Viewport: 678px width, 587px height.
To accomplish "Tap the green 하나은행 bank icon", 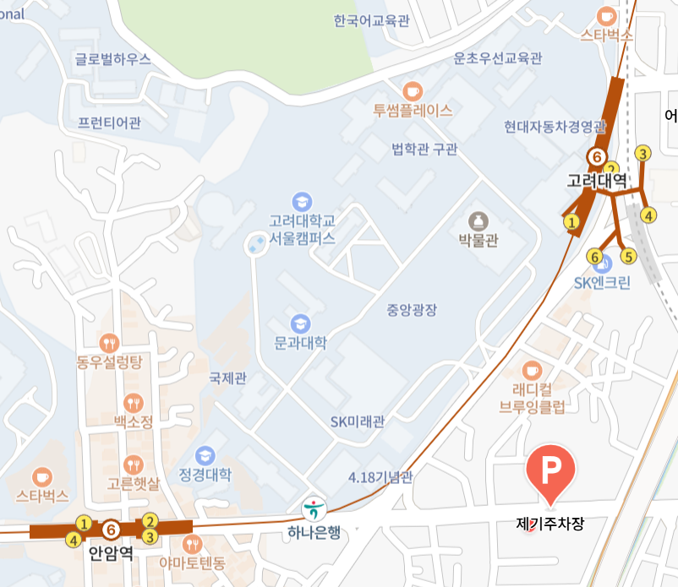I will (x=314, y=508).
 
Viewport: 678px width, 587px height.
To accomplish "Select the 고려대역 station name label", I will (x=597, y=180).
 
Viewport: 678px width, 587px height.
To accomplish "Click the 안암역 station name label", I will (x=111, y=554).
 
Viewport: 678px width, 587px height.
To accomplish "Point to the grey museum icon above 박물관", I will (x=478, y=221).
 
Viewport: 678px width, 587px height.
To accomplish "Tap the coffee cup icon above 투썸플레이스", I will (x=412, y=90).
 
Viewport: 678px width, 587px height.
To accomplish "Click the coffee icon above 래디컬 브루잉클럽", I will (x=532, y=369).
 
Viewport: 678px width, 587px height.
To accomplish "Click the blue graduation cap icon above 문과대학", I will (x=300, y=323).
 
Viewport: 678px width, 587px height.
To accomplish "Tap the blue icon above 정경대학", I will (x=205, y=455).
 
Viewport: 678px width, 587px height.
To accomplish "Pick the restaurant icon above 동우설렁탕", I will (x=110, y=343).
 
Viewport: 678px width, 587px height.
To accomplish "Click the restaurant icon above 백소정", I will (x=133, y=402).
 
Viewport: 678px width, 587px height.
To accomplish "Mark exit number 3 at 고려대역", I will (x=643, y=154).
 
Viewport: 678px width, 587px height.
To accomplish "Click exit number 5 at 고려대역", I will (x=626, y=256).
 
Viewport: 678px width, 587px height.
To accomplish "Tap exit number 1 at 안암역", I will (x=84, y=523).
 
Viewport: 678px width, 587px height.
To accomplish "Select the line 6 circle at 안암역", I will (x=111, y=530).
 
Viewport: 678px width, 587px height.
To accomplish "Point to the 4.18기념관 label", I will (x=380, y=478).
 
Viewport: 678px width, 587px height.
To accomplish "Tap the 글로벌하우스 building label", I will (x=112, y=59).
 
